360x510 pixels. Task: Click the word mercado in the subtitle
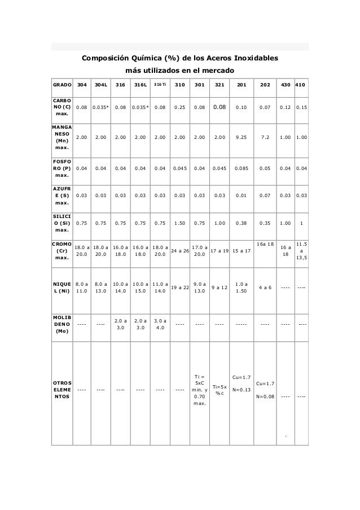click(216, 72)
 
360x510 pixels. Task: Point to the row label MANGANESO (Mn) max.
click(62, 136)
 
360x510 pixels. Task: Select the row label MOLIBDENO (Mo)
click(62, 324)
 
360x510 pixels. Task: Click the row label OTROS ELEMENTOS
click(62, 390)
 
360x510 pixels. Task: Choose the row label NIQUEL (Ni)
click(62, 287)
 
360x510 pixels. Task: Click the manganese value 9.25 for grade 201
click(241, 136)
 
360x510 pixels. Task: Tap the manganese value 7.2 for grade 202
click(265, 136)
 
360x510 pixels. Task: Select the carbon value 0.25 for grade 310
click(180, 106)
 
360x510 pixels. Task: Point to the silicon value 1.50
click(180, 223)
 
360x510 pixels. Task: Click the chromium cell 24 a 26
click(180, 250)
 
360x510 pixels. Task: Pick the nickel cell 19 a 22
click(180, 287)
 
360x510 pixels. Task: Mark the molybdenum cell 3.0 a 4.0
click(160, 324)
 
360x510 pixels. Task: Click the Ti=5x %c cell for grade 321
click(219, 390)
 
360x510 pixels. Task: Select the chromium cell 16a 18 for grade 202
click(265, 244)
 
